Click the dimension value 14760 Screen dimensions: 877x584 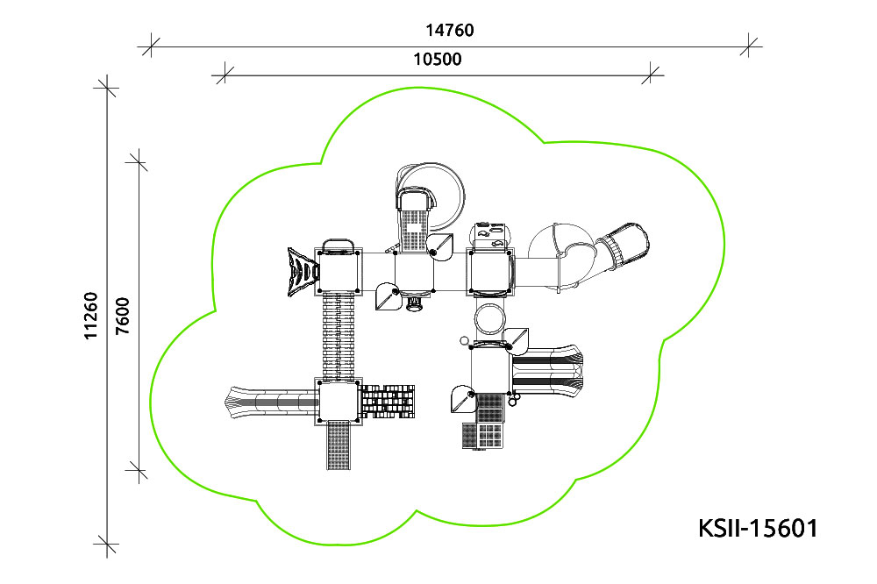450,30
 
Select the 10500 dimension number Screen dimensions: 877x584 438,59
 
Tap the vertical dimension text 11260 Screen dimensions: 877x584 90,316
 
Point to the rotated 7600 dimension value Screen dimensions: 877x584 123,316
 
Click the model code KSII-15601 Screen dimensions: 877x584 758,528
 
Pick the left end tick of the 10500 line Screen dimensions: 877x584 225,75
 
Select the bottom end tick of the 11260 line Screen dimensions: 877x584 107,543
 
